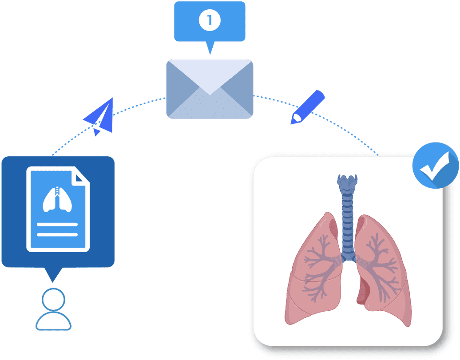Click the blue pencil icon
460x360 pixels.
(x=307, y=107)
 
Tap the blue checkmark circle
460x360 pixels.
(x=435, y=165)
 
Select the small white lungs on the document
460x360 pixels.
(x=57, y=200)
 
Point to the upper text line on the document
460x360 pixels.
(x=57, y=225)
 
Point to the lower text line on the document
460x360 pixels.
(x=57, y=234)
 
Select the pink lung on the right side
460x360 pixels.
(x=382, y=271)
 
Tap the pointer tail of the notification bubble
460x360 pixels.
(x=210, y=47)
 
